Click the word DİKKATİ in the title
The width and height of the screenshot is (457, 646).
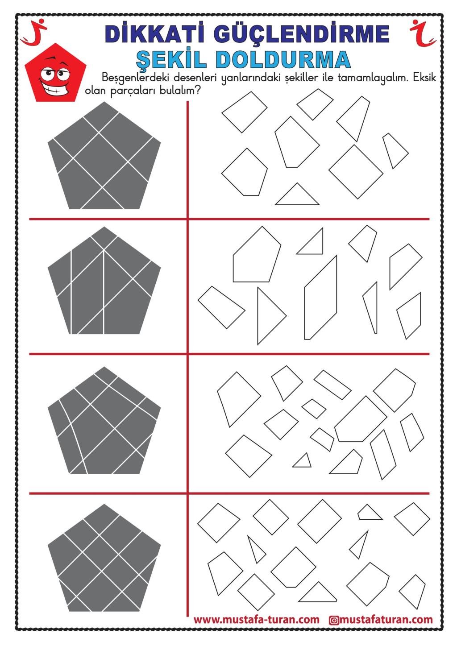tap(155, 33)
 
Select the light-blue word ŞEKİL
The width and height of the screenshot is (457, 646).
tap(171, 59)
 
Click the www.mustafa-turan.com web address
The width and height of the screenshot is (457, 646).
tap(257, 620)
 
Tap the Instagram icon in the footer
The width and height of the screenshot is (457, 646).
tap(334, 620)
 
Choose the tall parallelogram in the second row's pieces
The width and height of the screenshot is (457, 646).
tap(320, 298)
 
